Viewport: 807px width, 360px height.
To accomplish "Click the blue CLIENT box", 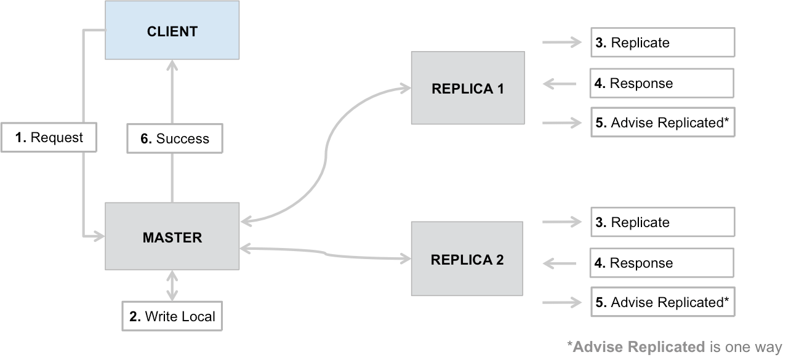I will point(172,31).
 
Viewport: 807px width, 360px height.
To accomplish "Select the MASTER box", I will point(172,237).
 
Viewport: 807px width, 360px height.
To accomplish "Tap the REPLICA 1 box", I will point(468,88).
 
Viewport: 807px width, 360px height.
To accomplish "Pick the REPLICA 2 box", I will point(467,259).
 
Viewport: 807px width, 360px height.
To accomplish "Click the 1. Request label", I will point(49,138).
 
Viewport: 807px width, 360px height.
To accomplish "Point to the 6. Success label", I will point(175,139).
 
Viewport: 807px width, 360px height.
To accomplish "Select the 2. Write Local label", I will point(172,317).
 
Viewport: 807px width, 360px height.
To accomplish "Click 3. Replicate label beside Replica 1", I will point(662,42).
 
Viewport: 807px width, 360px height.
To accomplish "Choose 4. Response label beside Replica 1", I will point(662,83).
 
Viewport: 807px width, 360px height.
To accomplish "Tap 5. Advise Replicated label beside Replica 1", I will point(662,123).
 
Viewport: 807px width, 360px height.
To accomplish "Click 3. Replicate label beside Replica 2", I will point(662,222).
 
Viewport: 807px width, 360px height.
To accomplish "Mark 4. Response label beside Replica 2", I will point(662,263).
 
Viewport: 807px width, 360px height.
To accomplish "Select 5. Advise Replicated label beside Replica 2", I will point(662,302).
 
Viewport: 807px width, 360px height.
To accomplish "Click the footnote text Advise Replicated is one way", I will point(674,347).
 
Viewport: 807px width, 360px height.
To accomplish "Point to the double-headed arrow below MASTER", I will point(172,286).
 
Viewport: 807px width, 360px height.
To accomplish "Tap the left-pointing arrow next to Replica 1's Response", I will point(559,83).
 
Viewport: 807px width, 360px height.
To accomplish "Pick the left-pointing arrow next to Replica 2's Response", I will point(559,263).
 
